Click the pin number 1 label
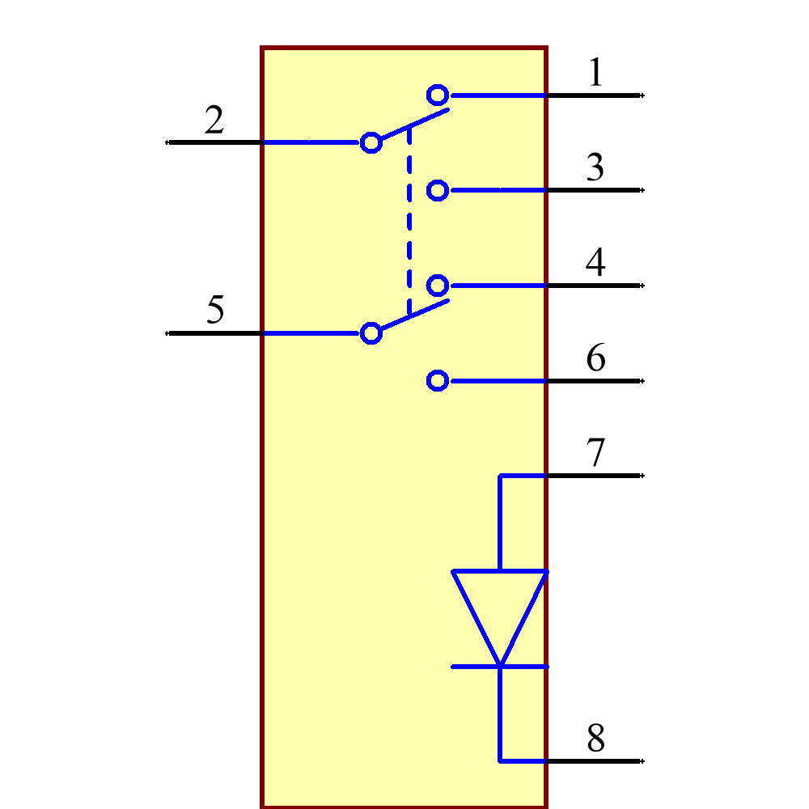[595, 73]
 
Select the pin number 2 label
[214, 121]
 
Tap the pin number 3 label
[595, 167]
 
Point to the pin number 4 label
[595, 263]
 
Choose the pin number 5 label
[214, 311]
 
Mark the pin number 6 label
[595, 358]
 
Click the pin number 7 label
[595, 453]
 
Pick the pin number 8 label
[595, 739]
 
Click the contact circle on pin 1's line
[438, 95]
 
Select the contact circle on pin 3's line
[438, 190]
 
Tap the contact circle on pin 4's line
[438, 286]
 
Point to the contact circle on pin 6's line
[438, 380]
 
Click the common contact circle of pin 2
[371, 142]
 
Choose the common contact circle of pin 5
[371, 332]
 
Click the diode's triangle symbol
[500, 607]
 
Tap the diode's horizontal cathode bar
[485, 667]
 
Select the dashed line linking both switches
[409, 218]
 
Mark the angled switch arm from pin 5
[414, 315]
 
